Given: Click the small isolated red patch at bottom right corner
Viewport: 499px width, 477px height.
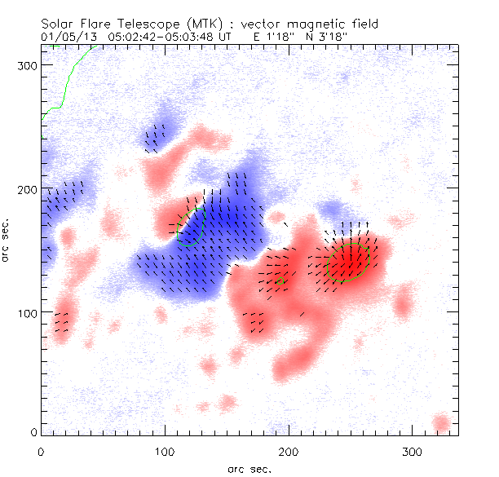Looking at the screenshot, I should click(x=441, y=423).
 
